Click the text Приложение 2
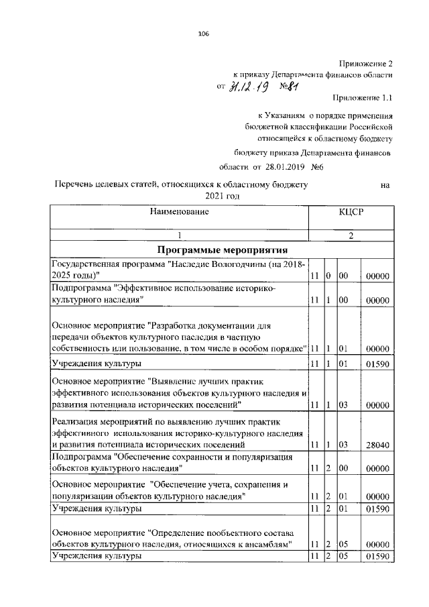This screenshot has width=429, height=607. tap(365, 62)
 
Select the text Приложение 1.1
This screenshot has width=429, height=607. tap(362, 99)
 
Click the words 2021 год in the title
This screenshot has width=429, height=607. tap(218, 196)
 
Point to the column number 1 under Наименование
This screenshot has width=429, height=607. tap(179, 235)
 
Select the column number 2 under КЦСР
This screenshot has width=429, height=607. tap(351, 235)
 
